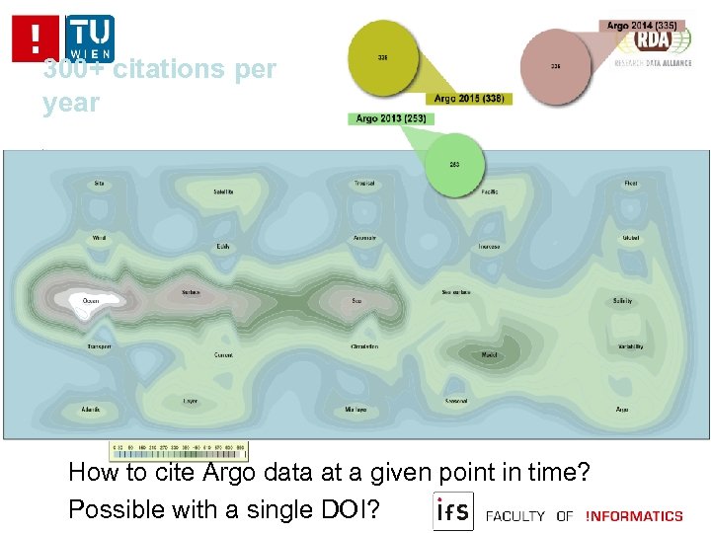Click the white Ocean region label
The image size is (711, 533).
[91, 300]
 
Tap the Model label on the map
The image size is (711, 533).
[489, 353]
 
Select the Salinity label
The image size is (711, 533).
[622, 300]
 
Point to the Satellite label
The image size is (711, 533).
[223, 191]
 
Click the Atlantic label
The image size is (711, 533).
[91, 409]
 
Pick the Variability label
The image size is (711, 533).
[631, 346]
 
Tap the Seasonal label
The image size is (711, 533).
[456, 401]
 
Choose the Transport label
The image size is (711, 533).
[99, 346]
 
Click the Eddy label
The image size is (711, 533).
[223, 246]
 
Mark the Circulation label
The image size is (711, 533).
[363, 346]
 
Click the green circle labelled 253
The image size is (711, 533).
[454, 164]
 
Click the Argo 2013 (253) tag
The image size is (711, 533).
[389, 119]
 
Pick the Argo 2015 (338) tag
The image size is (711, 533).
[468, 99]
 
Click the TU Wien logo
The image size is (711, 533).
[90, 37]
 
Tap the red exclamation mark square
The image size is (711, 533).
[36, 38]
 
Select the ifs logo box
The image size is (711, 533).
[453, 511]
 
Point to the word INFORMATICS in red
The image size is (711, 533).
[633, 515]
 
